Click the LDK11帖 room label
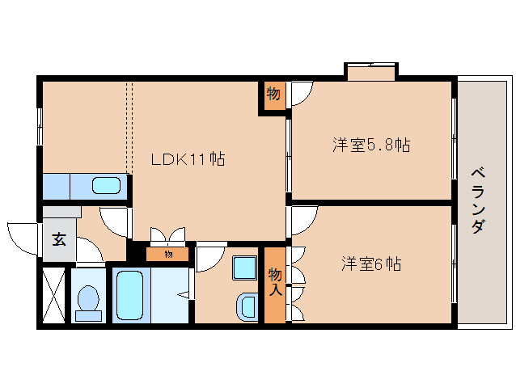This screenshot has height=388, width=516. click(x=188, y=159)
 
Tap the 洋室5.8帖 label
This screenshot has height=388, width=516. click(x=371, y=145)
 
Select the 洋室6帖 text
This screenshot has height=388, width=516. click(x=371, y=264)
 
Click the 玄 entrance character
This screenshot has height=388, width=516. click(x=58, y=240)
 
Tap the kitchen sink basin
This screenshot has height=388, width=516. click(x=106, y=186)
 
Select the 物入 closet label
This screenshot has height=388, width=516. click(x=275, y=281)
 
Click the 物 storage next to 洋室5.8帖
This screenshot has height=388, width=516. click(x=273, y=95)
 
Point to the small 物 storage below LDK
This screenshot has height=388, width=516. click(x=168, y=255)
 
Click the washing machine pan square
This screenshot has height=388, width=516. click(x=243, y=267)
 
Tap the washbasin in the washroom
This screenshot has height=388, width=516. click(x=246, y=307)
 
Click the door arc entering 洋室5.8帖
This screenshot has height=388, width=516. click(x=302, y=95)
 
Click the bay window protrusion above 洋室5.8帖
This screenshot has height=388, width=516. click(x=371, y=71)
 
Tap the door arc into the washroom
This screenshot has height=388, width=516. click(x=209, y=257)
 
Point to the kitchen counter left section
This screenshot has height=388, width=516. click(x=56, y=186)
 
